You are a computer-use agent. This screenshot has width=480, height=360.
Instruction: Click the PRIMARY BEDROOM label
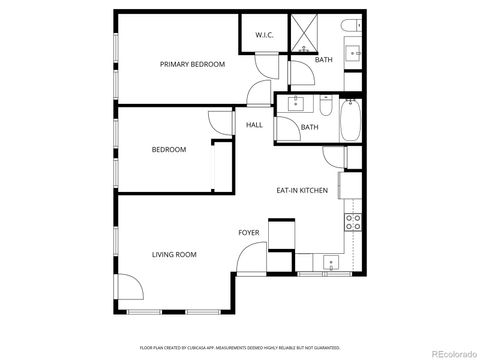click(193, 64)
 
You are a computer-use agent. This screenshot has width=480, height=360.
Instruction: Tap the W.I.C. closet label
click(264, 35)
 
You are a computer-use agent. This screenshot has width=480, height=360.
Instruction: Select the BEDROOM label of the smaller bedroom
click(169, 150)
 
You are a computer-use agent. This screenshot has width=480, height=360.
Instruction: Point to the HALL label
click(255, 125)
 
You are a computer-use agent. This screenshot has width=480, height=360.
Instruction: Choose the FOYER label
click(249, 233)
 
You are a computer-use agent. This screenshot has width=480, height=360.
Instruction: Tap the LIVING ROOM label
click(174, 255)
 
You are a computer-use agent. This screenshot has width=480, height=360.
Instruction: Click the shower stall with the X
click(303, 34)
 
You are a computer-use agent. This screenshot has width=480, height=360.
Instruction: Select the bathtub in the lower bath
click(351, 121)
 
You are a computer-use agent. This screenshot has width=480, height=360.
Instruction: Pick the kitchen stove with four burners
click(353, 222)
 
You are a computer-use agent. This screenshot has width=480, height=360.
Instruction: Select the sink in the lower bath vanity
click(296, 102)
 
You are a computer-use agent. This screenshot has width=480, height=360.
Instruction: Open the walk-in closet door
click(262, 64)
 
